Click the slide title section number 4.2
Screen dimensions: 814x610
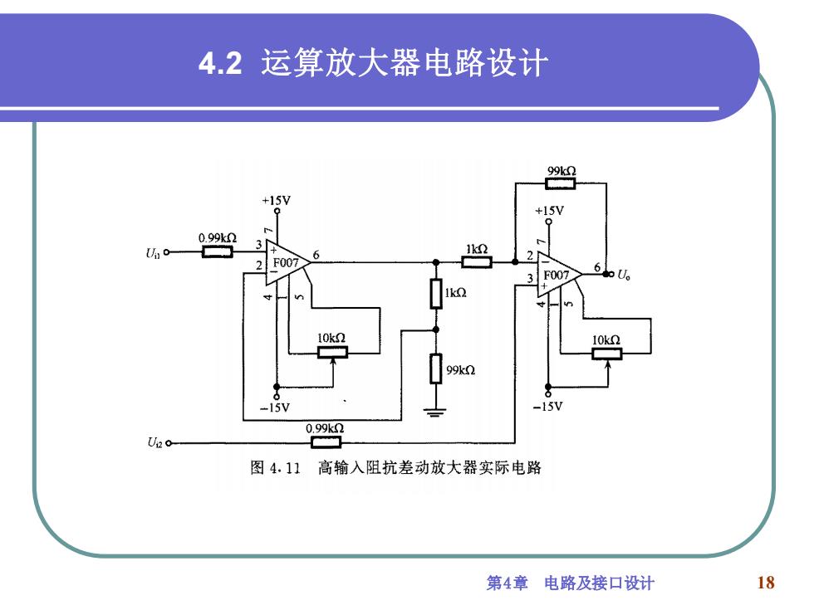click(x=221, y=63)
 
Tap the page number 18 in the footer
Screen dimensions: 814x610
click(x=766, y=583)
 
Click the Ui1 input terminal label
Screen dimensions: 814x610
click(x=153, y=253)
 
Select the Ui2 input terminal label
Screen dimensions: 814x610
click(x=154, y=442)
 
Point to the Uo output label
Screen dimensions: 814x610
click(x=624, y=275)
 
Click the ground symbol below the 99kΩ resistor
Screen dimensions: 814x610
click(x=435, y=413)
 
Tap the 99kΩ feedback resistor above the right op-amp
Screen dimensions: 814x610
click(x=560, y=183)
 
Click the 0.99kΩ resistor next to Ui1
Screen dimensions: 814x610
click(x=217, y=252)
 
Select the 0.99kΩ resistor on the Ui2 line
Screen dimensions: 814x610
click(x=326, y=442)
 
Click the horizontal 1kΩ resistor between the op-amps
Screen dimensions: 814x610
click(x=477, y=262)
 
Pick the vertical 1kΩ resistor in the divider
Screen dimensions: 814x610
click(x=436, y=294)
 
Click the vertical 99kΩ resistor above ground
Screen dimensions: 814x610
click(x=436, y=368)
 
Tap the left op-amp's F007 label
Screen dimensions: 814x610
click(x=286, y=262)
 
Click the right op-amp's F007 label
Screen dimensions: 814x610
click(x=557, y=275)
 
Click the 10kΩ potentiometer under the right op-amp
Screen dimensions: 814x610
click(x=607, y=354)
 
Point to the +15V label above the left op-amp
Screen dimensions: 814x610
click(x=276, y=200)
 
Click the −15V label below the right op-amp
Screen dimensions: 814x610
click(x=547, y=407)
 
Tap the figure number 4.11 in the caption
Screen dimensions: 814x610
click(x=285, y=468)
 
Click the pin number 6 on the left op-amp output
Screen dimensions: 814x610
click(x=316, y=255)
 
